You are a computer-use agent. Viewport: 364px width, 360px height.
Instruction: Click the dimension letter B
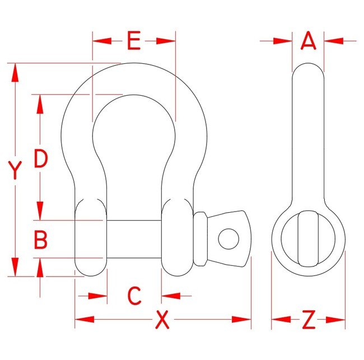(40, 240)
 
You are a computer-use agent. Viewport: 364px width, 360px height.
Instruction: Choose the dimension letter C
(133, 296)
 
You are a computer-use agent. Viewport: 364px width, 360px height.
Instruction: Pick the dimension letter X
(162, 320)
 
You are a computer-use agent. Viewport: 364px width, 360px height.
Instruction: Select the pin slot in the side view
(307, 238)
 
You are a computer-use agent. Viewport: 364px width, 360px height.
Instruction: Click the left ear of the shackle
(90, 238)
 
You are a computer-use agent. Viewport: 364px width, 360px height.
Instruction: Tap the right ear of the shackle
(176, 238)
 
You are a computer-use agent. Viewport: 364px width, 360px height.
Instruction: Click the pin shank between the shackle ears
(133, 239)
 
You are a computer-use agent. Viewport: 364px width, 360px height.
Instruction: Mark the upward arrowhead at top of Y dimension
(15, 69)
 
